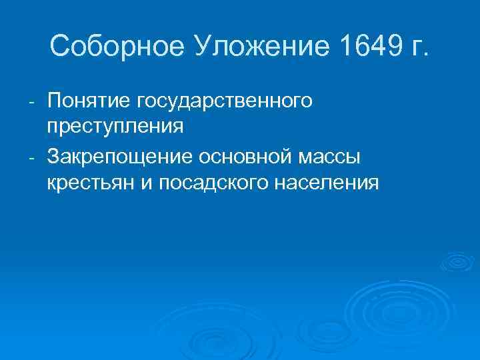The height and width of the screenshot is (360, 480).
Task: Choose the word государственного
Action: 224,101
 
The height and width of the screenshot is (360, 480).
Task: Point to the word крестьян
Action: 91,183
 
